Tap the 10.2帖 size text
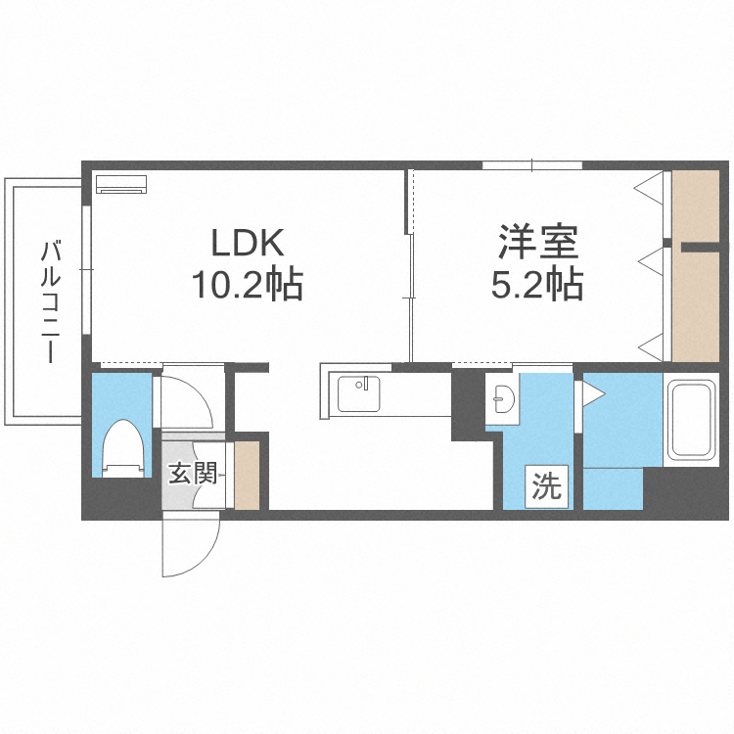[247, 285]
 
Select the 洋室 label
[537, 242]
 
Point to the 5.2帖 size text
[537, 285]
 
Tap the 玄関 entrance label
[192, 475]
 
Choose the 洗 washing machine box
[547, 486]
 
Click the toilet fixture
[123, 447]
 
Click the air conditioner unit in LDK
[120, 182]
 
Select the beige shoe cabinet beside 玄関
[247, 476]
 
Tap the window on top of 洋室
[532, 164]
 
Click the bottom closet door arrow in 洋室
[650, 344]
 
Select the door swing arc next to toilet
[186, 400]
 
